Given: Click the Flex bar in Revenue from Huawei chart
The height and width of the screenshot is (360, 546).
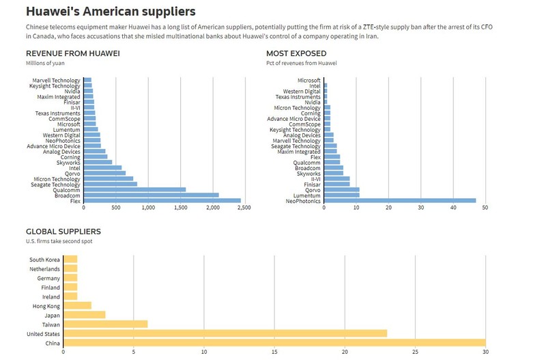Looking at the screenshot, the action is pyautogui.click(x=162, y=201).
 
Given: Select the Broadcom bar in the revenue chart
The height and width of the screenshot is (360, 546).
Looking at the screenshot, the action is pyautogui.click(x=151, y=195).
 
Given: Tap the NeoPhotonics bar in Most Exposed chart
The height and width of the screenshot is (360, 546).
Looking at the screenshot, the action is pyautogui.click(x=400, y=201).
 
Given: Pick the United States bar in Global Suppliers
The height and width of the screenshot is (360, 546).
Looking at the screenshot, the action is pyautogui.click(x=225, y=333).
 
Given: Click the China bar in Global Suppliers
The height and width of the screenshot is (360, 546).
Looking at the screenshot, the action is pyautogui.click(x=274, y=343).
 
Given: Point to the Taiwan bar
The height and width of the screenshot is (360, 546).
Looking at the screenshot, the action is pyautogui.click(x=106, y=324).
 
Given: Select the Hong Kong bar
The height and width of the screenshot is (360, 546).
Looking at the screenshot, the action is pyautogui.click(x=77, y=305).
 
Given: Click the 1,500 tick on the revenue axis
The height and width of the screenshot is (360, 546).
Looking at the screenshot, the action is pyautogui.click(x=180, y=208).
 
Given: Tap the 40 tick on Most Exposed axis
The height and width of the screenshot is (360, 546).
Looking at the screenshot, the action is pyautogui.click(x=453, y=208).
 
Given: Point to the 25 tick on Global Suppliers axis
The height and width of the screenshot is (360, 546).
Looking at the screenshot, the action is pyautogui.click(x=415, y=352).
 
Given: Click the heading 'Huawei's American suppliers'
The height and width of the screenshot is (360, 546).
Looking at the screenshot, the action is pyautogui.click(x=111, y=12).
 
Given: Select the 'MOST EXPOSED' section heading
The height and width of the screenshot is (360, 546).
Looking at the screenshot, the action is pyautogui.click(x=296, y=53).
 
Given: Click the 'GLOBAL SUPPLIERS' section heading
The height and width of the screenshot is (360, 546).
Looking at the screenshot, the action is pyautogui.click(x=63, y=232).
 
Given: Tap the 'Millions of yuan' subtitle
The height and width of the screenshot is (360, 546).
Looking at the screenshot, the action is pyautogui.click(x=45, y=63).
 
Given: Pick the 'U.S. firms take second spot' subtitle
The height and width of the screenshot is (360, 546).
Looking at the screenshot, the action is pyautogui.click(x=59, y=241).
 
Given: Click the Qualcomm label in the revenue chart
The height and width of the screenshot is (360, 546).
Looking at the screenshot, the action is pyautogui.click(x=66, y=190).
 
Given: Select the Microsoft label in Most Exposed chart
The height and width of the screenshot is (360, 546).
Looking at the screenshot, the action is pyautogui.click(x=309, y=80).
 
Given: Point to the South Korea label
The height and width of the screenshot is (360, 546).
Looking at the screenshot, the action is pyautogui.click(x=44, y=260).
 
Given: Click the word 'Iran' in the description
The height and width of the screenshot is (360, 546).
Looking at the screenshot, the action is pyautogui.click(x=372, y=36).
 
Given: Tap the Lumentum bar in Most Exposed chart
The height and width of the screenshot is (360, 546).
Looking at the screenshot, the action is pyautogui.click(x=342, y=195).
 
